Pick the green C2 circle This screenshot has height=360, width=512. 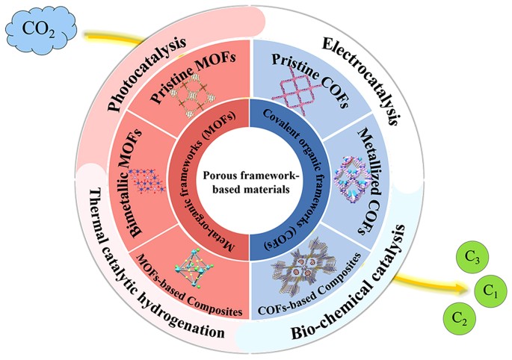pos(458,319)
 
